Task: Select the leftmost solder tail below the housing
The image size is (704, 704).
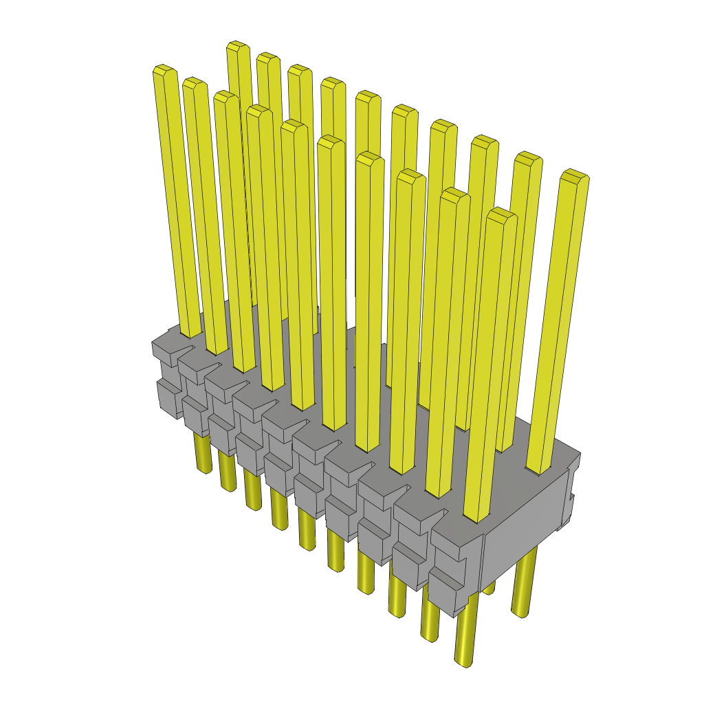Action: click(x=203, y=454)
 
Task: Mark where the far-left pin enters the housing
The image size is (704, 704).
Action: click(x=190, y=333)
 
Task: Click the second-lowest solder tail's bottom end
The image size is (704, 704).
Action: click(x=430, y=637)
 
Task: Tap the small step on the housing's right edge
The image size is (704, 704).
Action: click(x=570, y=495)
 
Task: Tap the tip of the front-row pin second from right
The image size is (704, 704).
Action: click(x=454, y=194)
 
